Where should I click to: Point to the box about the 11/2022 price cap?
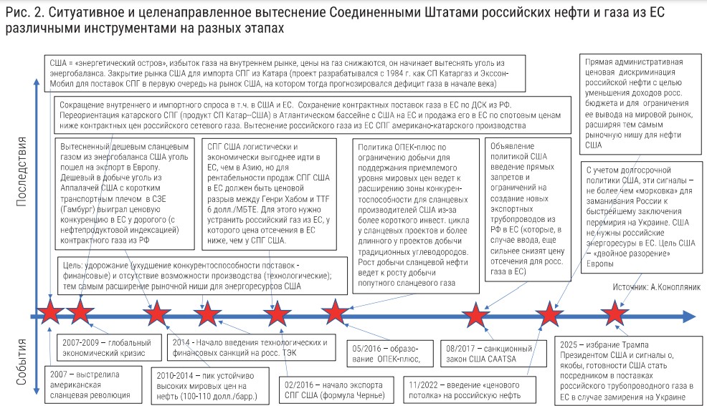click(x=463, y=387)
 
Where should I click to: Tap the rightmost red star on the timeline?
click(x=615, y=314)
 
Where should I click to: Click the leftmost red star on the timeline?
click(x=50, y=314)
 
